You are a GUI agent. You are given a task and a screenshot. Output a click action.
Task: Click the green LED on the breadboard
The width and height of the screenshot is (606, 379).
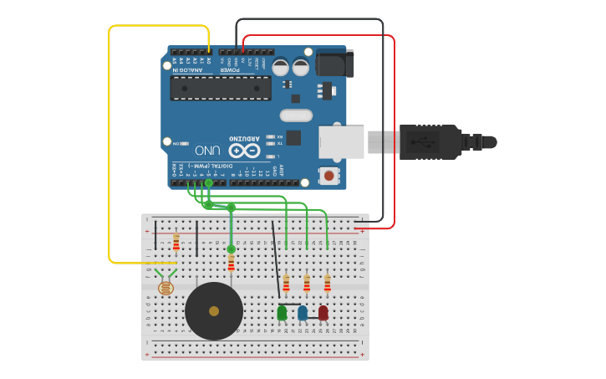pos(282,313)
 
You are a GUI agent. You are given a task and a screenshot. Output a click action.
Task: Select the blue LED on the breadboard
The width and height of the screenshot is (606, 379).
pos(303,313)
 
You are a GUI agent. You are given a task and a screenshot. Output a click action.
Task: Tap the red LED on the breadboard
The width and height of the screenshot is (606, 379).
pos(323,313)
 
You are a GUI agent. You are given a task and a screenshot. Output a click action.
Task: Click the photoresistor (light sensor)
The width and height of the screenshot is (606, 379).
pos(166,287)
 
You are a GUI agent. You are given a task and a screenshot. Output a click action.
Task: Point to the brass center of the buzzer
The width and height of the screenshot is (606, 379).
pos(214,311)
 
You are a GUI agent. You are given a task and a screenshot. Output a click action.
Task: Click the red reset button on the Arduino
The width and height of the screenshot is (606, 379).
pos(329,176)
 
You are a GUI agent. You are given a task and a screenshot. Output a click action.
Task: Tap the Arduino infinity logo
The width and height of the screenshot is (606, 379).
pos(245,151)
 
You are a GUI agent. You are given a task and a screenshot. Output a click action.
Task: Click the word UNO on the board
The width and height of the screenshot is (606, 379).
pos(208,151)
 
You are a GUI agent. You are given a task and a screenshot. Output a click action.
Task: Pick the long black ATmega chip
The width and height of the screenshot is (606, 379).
pos(221,88)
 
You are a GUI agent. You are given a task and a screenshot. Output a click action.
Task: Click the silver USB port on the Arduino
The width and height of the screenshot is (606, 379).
pos(341,141)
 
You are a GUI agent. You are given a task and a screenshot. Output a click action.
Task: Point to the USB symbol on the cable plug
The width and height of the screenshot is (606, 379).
pos(422,142)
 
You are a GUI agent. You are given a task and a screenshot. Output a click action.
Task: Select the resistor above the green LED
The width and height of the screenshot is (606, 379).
pos(286,284)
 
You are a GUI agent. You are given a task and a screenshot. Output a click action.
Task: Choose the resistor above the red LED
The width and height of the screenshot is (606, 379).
pos(327,284)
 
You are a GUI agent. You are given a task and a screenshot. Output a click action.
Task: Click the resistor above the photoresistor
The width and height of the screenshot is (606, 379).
pos(176,242)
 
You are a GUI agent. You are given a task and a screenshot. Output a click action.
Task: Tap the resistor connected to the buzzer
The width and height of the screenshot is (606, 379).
pos(231,264)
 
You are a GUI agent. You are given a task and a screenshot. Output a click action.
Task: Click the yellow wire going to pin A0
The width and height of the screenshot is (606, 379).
pos(109,142)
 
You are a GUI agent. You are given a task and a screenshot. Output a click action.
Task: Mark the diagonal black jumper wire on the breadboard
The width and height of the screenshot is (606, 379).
pos(276,259)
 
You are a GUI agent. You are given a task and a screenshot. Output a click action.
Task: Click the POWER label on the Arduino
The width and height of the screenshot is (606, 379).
pos(230,70)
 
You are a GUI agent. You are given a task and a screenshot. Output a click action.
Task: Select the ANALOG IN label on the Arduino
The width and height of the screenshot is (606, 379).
pos(186,70)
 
